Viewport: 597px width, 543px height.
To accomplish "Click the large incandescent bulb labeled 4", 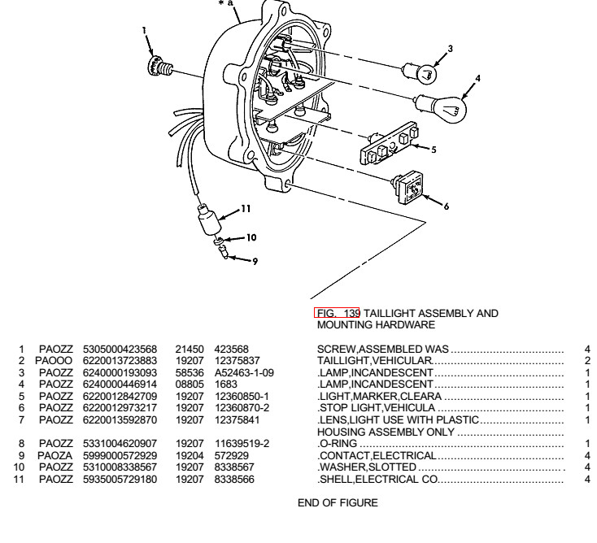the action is (442, 108).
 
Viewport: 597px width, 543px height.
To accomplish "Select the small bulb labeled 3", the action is (421, 72).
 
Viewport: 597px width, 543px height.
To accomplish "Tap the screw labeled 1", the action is (159, 67).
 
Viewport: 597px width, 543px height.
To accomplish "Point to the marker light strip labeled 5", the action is (389, 143).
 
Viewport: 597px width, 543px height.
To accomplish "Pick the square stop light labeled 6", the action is (408, 187).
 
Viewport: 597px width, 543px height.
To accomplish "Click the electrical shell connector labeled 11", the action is (209, 220).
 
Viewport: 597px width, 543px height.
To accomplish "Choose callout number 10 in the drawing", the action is (251, 238).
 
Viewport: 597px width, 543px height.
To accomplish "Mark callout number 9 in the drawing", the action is (255, 261).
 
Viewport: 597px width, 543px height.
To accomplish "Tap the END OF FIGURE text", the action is (338, 502).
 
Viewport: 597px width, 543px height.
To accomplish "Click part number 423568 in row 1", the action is (232, 349).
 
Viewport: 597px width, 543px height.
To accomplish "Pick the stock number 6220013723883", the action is (120, 360).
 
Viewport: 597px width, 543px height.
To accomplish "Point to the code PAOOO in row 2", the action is (54, 360).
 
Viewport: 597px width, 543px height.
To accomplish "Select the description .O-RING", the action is (338, 443).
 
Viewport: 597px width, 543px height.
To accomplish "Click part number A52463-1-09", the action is (244, 372).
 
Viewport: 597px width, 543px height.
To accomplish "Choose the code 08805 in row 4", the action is (190, 384).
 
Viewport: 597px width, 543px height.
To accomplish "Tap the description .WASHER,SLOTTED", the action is (367, 467).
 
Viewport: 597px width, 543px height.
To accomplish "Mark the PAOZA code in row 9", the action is (54, 455).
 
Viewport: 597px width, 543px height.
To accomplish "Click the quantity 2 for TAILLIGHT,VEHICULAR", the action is (587, 360).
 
